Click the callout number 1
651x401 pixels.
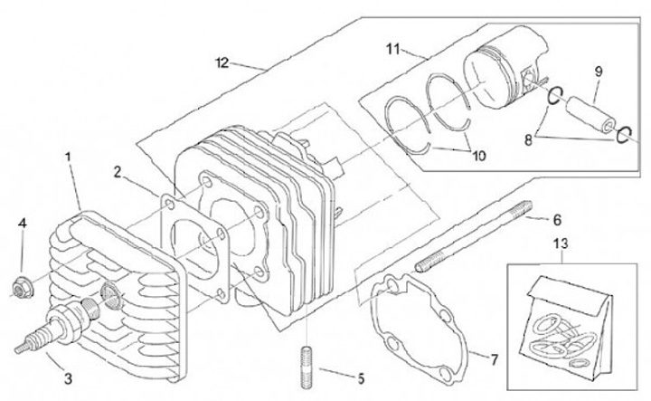[x=68, y=156]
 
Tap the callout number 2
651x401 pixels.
[x=118, y=170]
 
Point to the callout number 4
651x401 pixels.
[x=23, y=222]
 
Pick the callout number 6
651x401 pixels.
[x=557, y=219]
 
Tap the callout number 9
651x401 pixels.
[x=598, y=71]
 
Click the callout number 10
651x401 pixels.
[x=478, y=156]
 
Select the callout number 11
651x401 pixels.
[x=392, y=47]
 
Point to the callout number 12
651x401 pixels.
[x=221, y=62]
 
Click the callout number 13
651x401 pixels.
[x=561, y=244]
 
